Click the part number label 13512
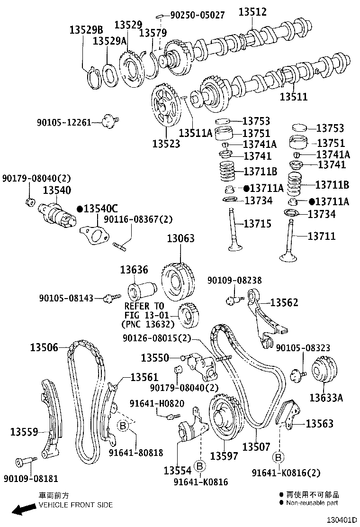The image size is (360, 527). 252,12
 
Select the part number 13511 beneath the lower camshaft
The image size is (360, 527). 293,97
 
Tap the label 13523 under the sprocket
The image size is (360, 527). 166,143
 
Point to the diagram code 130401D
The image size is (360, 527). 342,520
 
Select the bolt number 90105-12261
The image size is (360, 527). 63,123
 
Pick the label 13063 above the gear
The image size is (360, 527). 180,238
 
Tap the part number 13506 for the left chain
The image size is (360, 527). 44,347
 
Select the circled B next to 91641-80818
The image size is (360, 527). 122,425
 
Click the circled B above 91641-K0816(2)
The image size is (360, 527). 279,457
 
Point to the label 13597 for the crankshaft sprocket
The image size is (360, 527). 224,456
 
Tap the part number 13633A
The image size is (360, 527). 326,398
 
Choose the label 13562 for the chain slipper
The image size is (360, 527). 285,302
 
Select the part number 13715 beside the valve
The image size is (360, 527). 258,223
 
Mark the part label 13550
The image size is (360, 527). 155,357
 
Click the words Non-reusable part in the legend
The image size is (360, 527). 312,502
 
